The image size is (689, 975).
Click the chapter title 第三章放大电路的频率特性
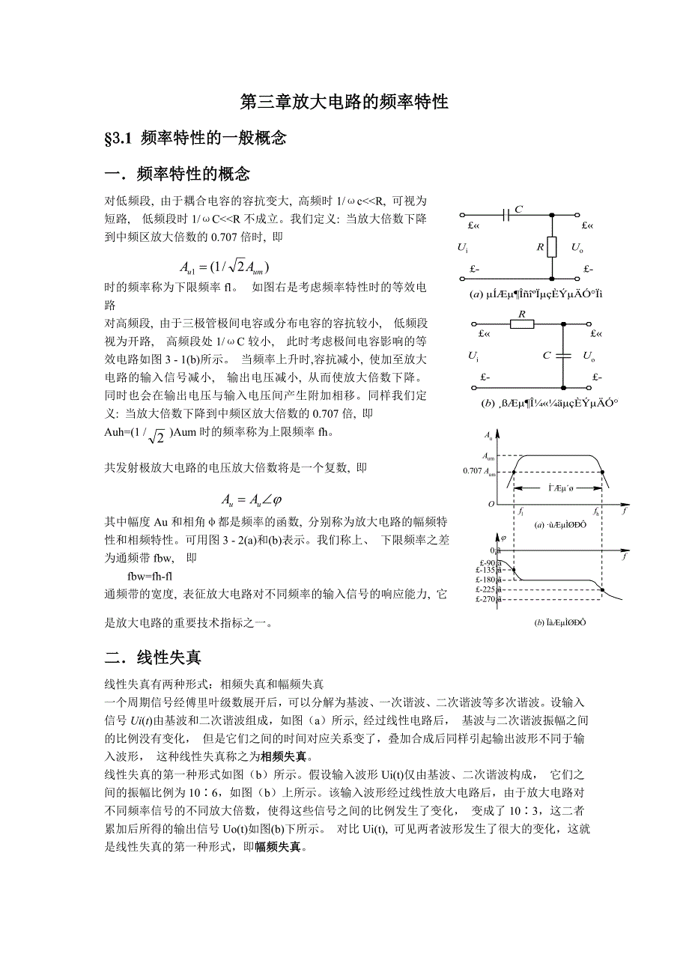(x=344, y=102)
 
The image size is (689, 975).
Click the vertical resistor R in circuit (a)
(x=552, y=246)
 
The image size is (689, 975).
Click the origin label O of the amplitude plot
(x=491, y=504)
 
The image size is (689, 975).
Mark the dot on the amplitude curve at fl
(x=514, y=471)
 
